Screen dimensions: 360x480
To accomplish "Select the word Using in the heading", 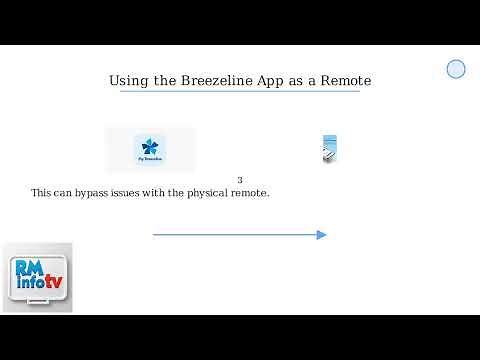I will coord(128,80).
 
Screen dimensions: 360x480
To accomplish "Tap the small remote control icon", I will coord(329,149).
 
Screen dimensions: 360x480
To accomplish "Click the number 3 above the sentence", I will coord(240,180).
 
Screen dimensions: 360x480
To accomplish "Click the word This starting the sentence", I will coord(42,192).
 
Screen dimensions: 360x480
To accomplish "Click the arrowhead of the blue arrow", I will coord(321,235).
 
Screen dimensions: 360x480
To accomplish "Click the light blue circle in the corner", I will coord(456,69).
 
